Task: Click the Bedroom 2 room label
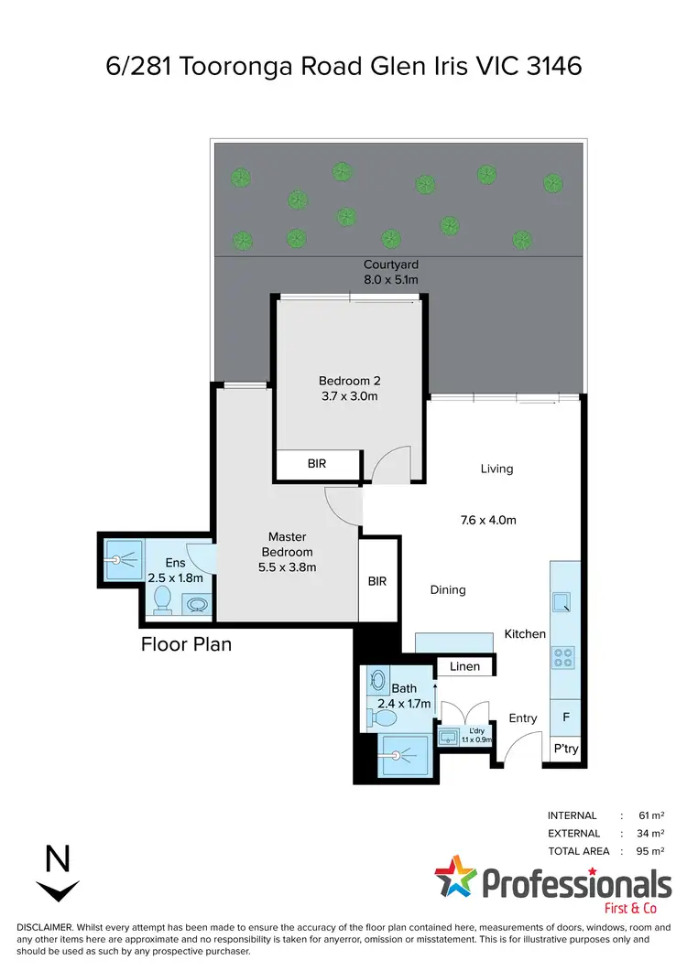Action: (x=347, y=381)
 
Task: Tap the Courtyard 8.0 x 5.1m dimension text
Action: (x=391, y=279)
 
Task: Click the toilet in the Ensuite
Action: (x=162, y=599)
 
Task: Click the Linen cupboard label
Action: (x=465, y=666)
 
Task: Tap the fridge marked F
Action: (x=565, y=717)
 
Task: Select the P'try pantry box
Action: (x=565, y=750)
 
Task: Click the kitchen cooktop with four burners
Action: (x=563, y=656)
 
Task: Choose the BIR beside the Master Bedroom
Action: (x=376, y=580)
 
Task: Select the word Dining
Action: (x=448, y=590)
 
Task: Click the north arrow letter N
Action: (x=58, y=859)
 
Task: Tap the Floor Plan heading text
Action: (x=186, y=644)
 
